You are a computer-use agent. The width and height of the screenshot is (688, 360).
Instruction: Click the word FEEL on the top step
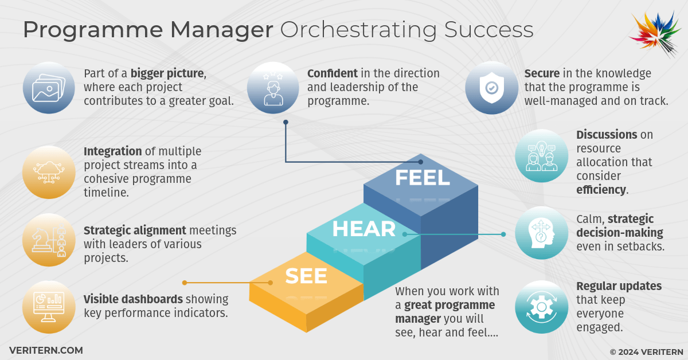423,178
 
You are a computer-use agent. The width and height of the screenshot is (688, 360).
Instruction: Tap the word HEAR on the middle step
364,229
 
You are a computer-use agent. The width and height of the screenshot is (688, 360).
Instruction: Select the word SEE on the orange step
306,276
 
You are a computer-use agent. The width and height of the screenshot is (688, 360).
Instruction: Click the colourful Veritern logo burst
655,34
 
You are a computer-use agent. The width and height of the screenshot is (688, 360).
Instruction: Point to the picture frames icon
49,88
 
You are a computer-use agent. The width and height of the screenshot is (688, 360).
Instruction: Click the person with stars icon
273,89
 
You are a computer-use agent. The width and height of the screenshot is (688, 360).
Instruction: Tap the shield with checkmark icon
492,88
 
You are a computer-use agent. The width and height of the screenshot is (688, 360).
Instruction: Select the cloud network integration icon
49,172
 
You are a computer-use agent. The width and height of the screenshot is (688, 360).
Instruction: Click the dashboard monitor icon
49,307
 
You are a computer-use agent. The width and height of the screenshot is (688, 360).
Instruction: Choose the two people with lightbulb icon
541,156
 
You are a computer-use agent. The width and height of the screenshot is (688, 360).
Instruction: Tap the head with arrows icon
541,233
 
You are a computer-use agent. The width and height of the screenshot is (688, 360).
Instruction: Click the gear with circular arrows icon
541,307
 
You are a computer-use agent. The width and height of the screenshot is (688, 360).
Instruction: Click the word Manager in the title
221,30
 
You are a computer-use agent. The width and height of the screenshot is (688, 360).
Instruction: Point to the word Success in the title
488,29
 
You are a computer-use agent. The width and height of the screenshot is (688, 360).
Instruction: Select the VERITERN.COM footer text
46,350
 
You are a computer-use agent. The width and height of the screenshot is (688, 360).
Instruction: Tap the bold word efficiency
601,190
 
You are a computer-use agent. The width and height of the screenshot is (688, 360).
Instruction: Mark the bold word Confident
333,73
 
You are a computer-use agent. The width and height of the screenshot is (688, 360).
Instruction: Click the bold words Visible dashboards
133,299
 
